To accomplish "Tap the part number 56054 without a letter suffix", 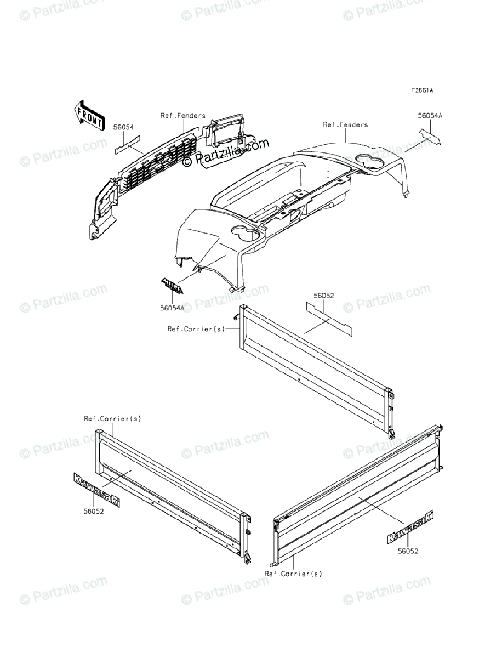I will pos(124,127).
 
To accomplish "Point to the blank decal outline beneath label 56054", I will pos(129,146).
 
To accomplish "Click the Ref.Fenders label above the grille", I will pos(183,116).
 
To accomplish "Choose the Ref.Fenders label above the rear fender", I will pos(346,125).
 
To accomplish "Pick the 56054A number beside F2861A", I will pos(430,116).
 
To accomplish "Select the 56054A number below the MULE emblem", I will pos(172,308).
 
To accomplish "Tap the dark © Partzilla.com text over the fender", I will pos(226,152).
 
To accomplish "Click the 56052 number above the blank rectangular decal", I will pos(324,296).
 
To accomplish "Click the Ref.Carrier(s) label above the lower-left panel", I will pos(112,418).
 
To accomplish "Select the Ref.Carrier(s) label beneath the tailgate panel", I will pos(293,574).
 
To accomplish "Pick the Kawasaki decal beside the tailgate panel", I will pos(410,527).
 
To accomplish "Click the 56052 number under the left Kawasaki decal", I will pos(93,510).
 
